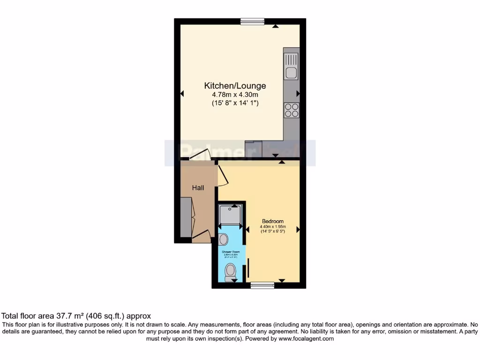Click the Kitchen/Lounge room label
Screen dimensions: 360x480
click(235, 86)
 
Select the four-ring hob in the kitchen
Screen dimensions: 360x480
click(291, 110)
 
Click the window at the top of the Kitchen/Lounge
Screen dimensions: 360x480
click(252, 21)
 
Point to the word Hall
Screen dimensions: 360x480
click(198, 188)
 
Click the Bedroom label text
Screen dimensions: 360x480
click(272, 221)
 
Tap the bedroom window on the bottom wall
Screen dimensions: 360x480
click(262, 285)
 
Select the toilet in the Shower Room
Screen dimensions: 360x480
click(230, 272)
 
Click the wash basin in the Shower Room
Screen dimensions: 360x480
click(223, 240)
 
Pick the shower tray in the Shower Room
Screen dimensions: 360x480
click(230, 214)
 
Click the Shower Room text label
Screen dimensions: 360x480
click(230, 252)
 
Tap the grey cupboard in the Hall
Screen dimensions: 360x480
click(186, 217)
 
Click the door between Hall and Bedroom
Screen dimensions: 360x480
click(221, 175)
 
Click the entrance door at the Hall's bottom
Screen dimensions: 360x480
click(200, 236)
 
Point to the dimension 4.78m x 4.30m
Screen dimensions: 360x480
click(235, 95)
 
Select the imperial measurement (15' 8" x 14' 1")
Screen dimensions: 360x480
click(235, 103)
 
